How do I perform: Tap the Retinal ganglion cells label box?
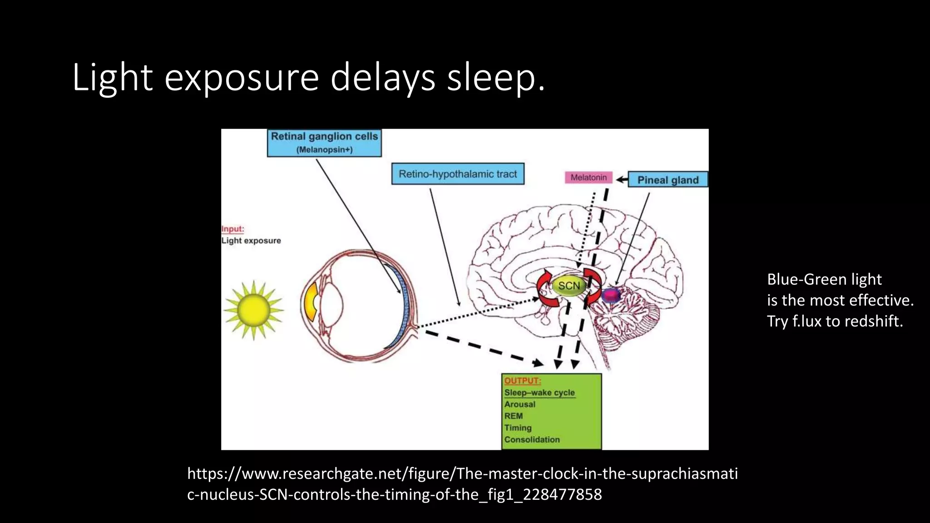tap(324, 143)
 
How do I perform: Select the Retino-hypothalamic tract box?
tap(458, 174)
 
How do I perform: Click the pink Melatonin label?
tap(589, 178)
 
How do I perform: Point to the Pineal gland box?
tap(668, 180)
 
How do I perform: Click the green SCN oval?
tap(569, 286)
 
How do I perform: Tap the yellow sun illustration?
tap(253, 310)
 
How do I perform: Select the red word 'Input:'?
tap(232, 229)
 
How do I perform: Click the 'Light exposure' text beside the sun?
tap(251, 241)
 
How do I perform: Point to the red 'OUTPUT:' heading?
tap(522, 381)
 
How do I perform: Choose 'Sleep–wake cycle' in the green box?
tap(539, 393)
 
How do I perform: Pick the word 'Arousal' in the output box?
tap(520, 405)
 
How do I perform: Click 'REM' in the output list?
tap(514, 416)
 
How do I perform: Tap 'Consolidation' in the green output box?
tap(532, 440)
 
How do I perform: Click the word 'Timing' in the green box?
tap(518, 428)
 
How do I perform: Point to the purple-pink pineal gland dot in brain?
tap(611, 295)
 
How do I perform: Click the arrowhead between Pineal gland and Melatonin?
tap(620, 180)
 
